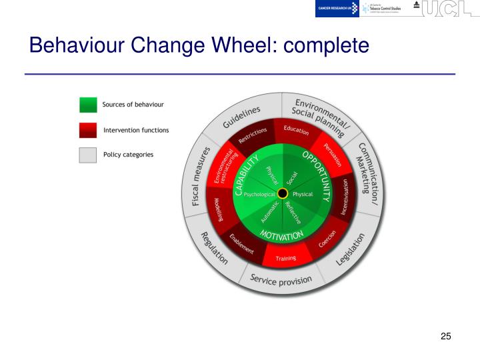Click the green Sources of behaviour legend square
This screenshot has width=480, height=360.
(88, 105)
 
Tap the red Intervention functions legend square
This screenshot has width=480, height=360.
(88, 130)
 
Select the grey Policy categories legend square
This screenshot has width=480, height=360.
(88, 155)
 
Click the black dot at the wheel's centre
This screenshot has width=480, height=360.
(282, 193)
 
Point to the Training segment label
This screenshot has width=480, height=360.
(286, 258)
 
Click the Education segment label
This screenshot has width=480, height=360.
(296, 130)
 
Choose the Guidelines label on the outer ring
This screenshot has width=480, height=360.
(242, 118)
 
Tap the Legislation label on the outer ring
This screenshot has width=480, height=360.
(351, 249)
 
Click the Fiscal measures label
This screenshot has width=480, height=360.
(201, 176)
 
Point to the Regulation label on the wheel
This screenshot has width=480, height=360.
(214, 247)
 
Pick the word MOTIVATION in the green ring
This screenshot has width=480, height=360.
(281, 235)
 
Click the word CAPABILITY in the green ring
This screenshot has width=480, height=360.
(246, 175)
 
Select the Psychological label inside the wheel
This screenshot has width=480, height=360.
(259, 194)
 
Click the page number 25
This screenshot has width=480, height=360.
(446, 336)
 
